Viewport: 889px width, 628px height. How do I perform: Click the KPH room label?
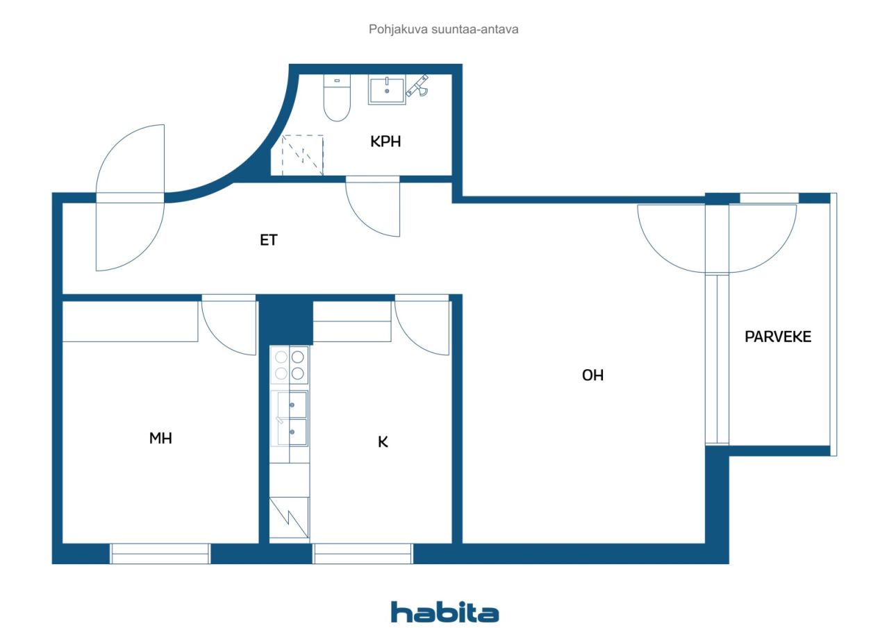coord(385,142)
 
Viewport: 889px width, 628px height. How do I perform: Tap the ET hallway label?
coord(269,240)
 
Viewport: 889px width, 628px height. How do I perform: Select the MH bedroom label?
coord(160,438)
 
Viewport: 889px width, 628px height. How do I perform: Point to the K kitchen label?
coord(383,441)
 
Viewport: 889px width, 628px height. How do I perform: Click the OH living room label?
coord(592,375)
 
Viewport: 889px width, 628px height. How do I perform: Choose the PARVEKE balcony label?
coord(778,337)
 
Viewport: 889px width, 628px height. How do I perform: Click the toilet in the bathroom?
coord(337,98)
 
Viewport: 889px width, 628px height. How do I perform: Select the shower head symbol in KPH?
coord(418,85)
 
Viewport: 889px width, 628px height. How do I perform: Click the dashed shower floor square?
coord(302,155)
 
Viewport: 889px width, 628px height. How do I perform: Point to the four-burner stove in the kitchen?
coord(290,365)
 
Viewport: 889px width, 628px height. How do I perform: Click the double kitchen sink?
coord(290,418)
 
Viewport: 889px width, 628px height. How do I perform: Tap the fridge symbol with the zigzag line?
coord(289,518)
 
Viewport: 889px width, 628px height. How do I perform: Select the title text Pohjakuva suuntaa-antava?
coord(443,29)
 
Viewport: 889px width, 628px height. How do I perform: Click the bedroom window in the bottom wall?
coord(160,554)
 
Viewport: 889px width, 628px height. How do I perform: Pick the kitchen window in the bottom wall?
coord(363,554)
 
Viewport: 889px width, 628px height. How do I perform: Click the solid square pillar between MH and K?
coord(285,319)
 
